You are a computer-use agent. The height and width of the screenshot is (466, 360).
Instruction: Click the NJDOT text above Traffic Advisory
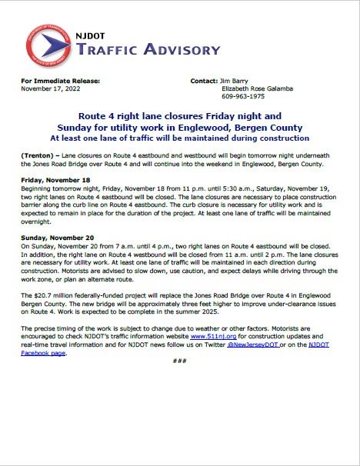(93, 35)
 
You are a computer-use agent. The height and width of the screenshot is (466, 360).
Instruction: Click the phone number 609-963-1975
(241, 96)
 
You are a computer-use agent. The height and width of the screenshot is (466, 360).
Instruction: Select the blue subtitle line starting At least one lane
(180, 138)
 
